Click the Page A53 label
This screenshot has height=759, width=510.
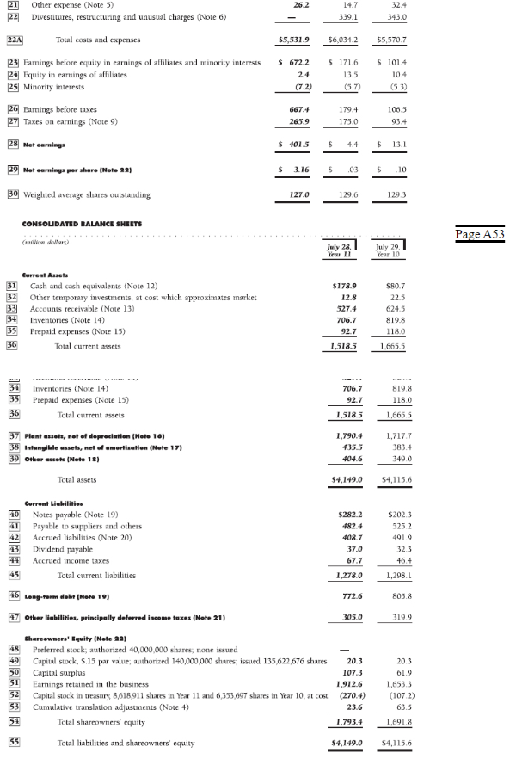click(x=481, y=234)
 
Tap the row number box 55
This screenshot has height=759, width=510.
click(x=14, y=740)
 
